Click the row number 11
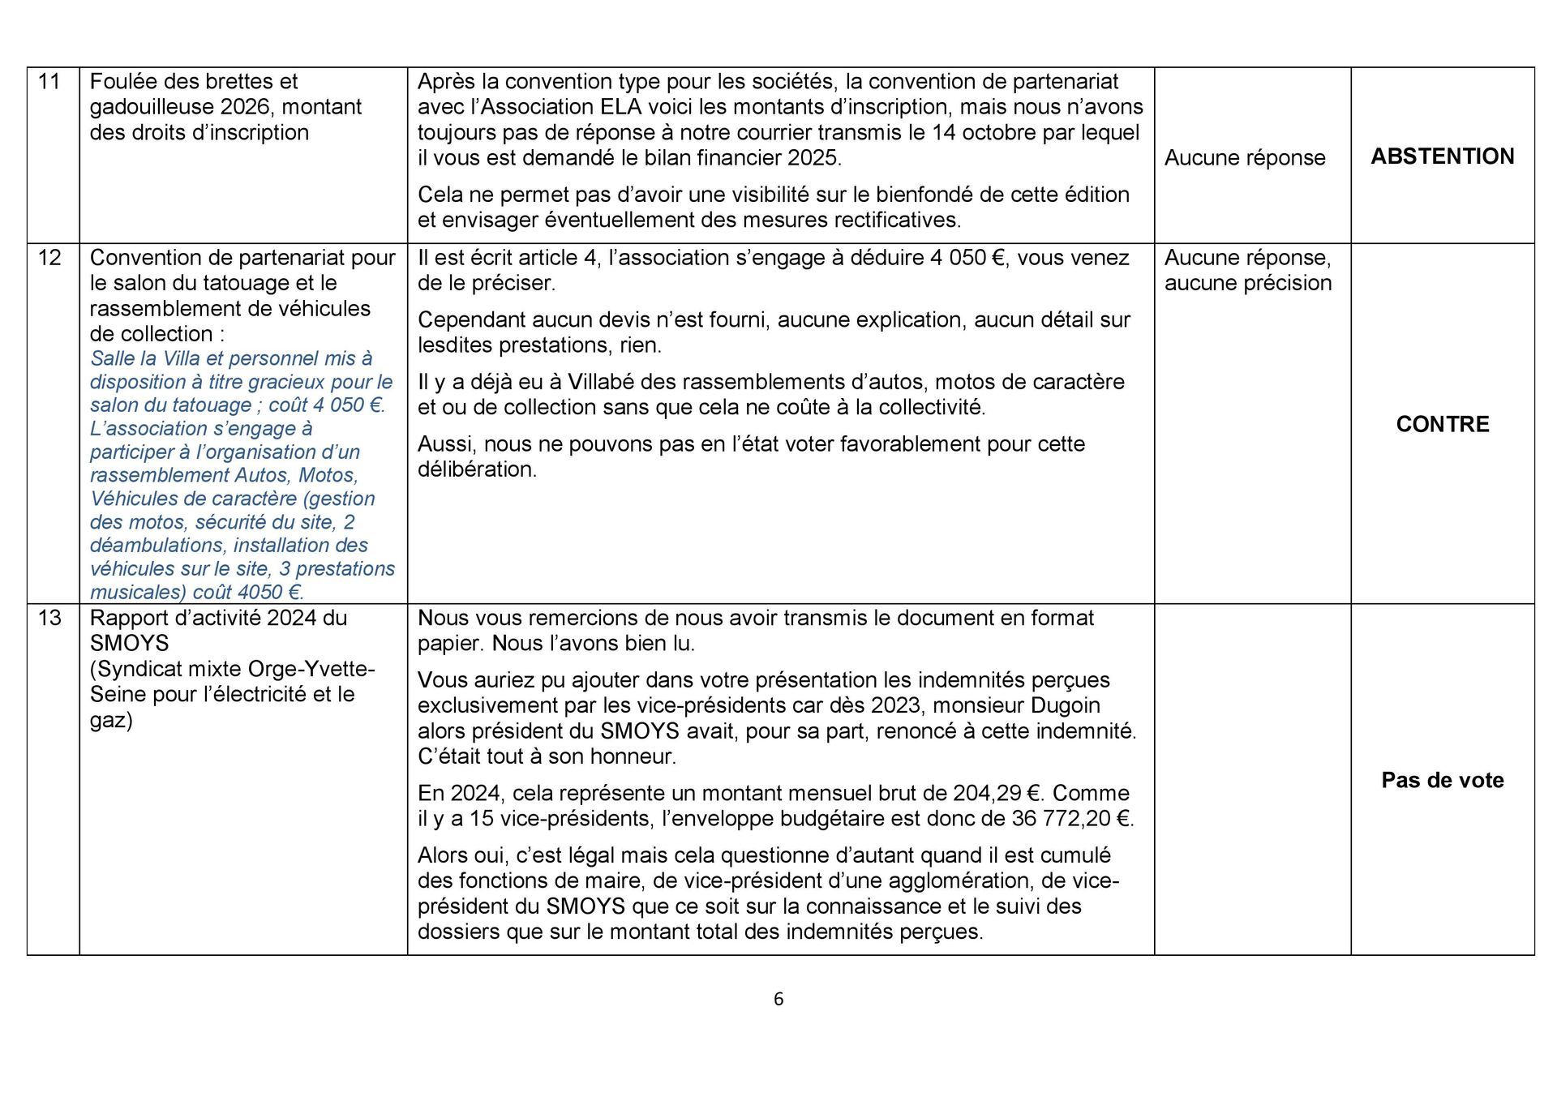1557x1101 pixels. click(49, 82)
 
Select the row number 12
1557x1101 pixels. click(49, 258)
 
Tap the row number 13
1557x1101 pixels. click(49, 618)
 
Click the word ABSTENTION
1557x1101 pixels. click(1442, 156)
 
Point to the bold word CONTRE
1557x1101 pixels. click(1442, 425)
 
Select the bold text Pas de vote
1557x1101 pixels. click(1442, 781)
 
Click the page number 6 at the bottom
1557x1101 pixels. click(778, 1000)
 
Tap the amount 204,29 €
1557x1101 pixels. click(1000, 793)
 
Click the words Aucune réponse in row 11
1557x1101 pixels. click(1245, 158)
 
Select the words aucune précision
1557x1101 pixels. click(1248, 283)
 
